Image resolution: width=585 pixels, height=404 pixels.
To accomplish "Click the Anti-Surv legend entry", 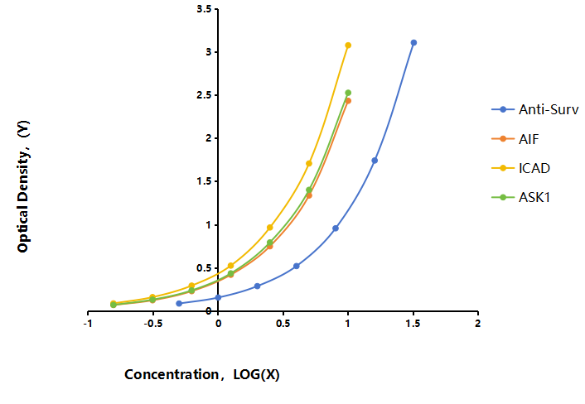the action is [x=535, y=109].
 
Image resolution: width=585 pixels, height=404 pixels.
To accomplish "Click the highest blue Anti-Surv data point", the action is [x=413, y=43].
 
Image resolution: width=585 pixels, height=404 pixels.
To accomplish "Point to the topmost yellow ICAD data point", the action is [x=348, y=46].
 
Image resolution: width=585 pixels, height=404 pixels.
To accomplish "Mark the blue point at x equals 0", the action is [x=218, y=297].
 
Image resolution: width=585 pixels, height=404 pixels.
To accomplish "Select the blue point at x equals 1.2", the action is [x=375, y=161].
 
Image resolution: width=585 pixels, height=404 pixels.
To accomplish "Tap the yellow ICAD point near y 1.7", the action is [x=309, y=163].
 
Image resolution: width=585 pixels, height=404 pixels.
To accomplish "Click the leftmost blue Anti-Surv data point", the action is [x=179, y=303].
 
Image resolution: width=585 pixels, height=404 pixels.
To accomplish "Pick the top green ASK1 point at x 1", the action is [x=348, y=93].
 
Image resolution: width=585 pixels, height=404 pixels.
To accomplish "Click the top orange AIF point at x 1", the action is [x=348, y=101].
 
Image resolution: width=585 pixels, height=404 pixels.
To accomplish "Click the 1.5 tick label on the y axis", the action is [x=204, y=181].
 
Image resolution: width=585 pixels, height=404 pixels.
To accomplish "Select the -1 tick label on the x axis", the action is [x=88, y=324].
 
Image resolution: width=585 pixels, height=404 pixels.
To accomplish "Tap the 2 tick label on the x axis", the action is [x=477, y=324].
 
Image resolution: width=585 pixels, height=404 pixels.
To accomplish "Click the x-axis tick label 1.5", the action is [x=413, y=324].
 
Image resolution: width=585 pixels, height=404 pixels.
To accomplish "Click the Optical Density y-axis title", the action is [x=23, y=186].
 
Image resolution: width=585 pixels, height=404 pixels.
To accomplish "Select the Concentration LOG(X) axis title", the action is [x=202, y=374].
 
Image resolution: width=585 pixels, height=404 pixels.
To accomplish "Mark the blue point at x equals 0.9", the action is [x=336, y=228].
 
